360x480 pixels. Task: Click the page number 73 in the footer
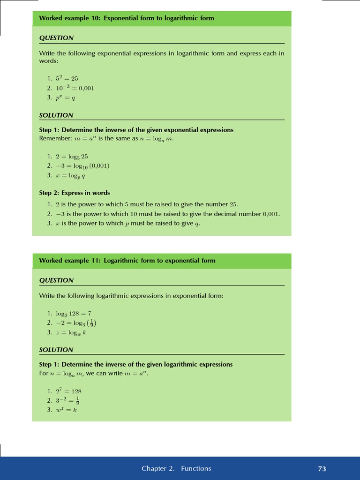pyautogui.click(x=322, y=469)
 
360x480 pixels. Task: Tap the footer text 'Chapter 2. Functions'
pyautogui.click(x=176, y=468)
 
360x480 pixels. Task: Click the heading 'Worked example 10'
pyautogui.click(x=127, y=18)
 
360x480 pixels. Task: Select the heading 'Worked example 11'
pyautogui.click(x=127, y=261)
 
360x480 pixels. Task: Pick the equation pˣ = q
pyautogui.click(x=65, y=97)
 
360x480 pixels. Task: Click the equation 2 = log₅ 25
pyautogui.click(x=72, y=157)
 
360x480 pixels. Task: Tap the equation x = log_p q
pyautogui.click(x=70, y=176)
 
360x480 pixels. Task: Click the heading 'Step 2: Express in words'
pyautogui.click(x=75, y=193)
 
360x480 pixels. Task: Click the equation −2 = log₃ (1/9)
pyautogui.click(x=76, y=323)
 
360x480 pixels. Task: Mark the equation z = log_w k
pyautogui.click(x=71, y=332)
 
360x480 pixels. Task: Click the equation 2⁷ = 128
pyautogui.click(x=68, y=391)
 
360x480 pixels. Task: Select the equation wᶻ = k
pyautogui.click(x=66, y=410)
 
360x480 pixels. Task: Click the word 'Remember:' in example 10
pyautogui.click(x=54, y=139)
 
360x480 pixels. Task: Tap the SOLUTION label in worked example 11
pyautogui.click(x=56, y=350)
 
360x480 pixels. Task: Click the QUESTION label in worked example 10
pyautogui.click(x=56, y=38)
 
